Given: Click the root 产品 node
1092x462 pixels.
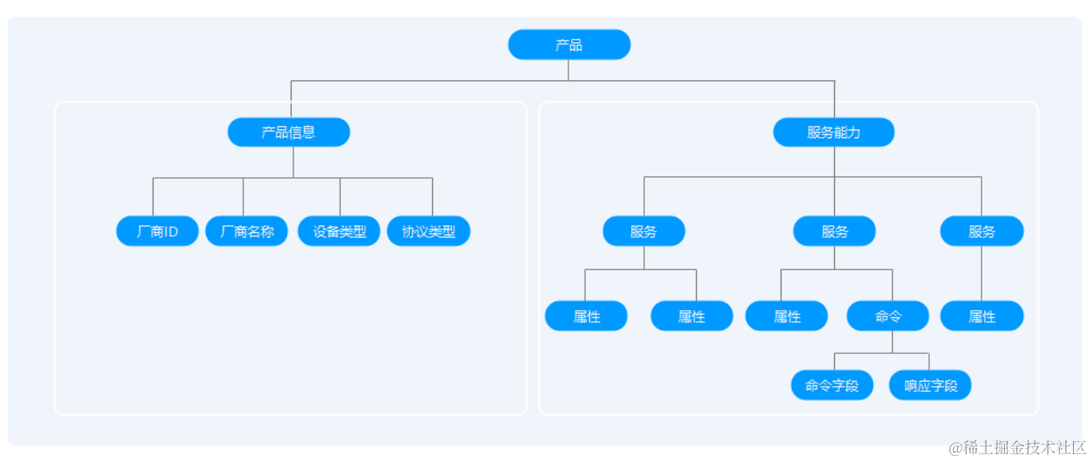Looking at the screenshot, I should [x=568, y=45].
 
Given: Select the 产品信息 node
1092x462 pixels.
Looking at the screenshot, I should [x=288, y=132].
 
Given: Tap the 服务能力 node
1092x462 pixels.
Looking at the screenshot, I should [x=833, y=132].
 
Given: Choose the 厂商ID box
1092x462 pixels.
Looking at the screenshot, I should [x=157, y=231].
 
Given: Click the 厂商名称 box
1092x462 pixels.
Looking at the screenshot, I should [x=247, y=231].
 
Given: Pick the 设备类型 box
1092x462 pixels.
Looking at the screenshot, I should [x=339, y=231].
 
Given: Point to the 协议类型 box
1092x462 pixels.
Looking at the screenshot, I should [x=429, y=231].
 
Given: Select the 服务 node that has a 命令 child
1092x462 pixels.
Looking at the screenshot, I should [x=834, y=231].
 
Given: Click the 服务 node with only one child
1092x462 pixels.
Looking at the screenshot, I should [x=982, y=231].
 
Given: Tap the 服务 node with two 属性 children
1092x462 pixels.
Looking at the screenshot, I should [x=643, y=231].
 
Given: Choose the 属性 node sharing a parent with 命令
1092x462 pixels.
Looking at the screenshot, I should [x=787, y=316].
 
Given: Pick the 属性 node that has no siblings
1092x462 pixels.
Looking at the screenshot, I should [x=982, y=316].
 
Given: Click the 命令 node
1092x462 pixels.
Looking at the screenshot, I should [x=888, y=316].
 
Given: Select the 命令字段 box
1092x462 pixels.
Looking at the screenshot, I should [x=832, y=385].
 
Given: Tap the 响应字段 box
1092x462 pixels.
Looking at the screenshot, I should [x=930, y=385].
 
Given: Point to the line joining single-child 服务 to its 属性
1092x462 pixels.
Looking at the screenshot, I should [x=982, y=274].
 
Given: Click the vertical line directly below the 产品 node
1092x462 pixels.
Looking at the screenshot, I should [x=568, y=70].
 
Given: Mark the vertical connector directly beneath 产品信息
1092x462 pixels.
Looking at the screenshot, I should [x=293, y=162].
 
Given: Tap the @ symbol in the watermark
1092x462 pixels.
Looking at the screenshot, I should [x=955, y=447].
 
